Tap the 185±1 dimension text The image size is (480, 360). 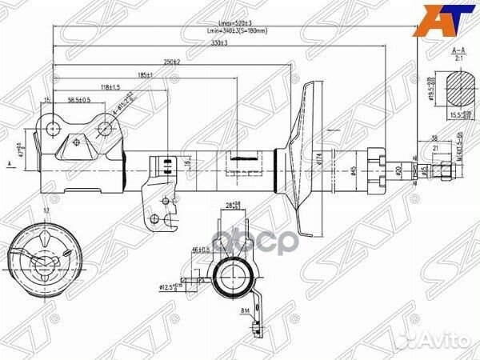click(x=144, y=74)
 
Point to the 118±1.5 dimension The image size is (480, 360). click(x=110, y=86)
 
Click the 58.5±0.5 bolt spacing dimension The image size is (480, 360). click(x=78, y=99)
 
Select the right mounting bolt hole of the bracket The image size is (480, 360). click(x=106, y=126)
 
